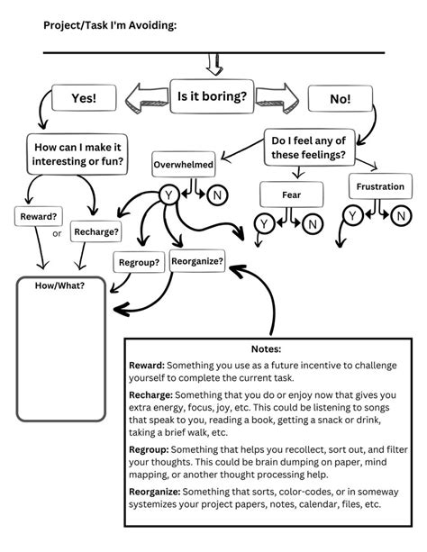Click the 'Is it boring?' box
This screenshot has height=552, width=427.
pyautogui.click(x=212, y=96)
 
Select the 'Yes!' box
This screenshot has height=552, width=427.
pyautogui.click(x=84, y=98)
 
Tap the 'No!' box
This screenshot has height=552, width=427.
pyautogui.click(x=340, y=98)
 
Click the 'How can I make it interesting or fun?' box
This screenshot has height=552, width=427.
pyautogui.click(x=77, y=154)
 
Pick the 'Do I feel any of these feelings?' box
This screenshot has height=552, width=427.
pyautogui.click(x=309, y=147)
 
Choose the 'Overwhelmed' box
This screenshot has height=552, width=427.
pyautogui.click(x=184, y=165)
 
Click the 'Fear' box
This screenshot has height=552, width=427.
pyautogui.click(x=291, y=195)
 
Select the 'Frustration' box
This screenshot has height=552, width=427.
pyautogui.click(x=380, y=186)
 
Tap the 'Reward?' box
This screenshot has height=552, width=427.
pyautogui.click(x=39, y=216)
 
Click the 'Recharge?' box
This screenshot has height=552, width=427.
pyautogui.click(x=96, y=231)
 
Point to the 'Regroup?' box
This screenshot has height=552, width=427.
pyautogui.click(x=139, y=262)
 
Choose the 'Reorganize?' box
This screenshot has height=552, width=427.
pyautogui.click(x=197, y=261)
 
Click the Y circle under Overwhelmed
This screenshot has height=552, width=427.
pyautogui.click(x=168, y=195)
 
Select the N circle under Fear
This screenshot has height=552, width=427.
pyautogui.click(x=313, y=224)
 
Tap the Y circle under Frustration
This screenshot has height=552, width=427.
pyautogui.click(x=352, y=215)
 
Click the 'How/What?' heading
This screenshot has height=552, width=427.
pyautogui.click(x=59, y=285)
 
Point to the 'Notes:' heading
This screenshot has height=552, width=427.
pyautogui.click(x=266, y=348)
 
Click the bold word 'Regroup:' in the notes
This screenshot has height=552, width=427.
pyautogui.click(x=149, y=449)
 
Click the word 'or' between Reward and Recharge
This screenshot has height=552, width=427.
pyautogui.click(x=57, y=233)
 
